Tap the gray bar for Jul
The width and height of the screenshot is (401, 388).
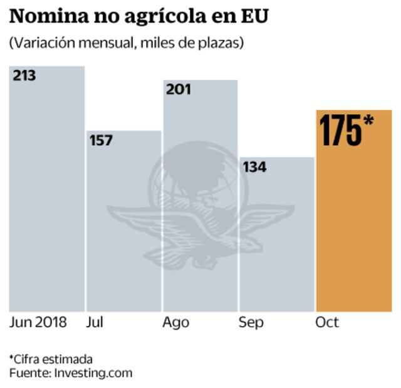[123, 225]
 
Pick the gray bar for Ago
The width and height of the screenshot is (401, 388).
[200, 200]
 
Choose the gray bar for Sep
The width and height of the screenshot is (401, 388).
[276, 238]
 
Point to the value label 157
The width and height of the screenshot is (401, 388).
[101, 140]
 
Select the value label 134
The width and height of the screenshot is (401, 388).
[254, 167]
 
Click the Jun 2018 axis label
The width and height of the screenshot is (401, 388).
[38, 322]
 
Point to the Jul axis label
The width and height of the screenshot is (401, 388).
[95, 322]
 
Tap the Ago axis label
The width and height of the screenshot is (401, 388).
[176, 323]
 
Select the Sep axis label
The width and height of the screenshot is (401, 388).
[251, 323]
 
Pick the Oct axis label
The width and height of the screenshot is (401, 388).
[327, 322]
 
